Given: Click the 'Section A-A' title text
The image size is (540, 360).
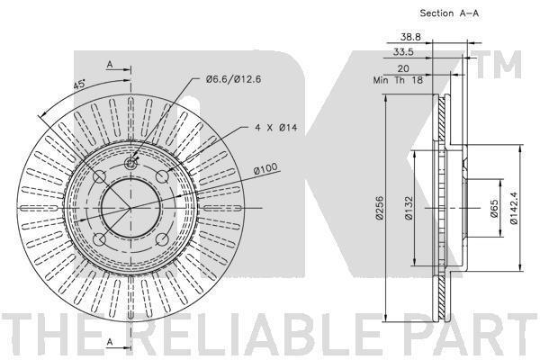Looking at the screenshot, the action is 449,13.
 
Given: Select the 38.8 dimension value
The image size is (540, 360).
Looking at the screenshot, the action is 410,37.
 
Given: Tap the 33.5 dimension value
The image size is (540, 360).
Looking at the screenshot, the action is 403,52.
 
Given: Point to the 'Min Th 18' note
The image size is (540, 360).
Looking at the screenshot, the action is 398,80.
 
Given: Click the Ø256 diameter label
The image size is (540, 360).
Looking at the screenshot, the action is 380,208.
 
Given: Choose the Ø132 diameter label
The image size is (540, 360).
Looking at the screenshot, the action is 409,209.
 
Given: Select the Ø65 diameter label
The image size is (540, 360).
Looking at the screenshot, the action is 494,209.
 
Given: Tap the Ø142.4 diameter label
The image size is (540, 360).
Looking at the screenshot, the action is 514,208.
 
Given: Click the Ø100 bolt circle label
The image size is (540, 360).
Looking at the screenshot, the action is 265,168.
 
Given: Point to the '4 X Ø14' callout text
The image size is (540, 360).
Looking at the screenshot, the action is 276,128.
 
